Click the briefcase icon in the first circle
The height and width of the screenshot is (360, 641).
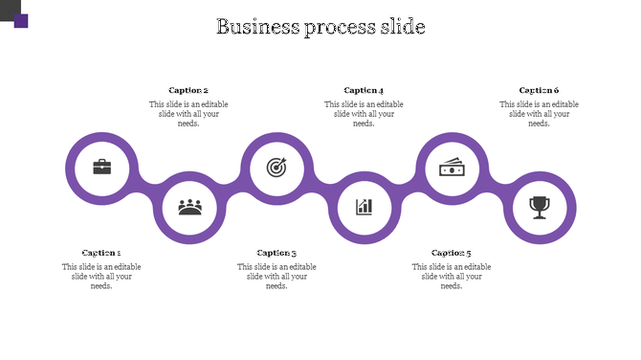(101, 168)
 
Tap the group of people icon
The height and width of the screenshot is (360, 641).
(189, 206)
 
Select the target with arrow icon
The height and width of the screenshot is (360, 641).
(276, 168)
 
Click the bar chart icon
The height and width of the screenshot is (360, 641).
(365, 206)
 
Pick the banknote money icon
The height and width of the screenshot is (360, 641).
(452, 168)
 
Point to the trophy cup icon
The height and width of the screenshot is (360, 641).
(540, 206)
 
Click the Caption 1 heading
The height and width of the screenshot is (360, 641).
(101, 253)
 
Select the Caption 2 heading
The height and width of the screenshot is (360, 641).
(188, 91)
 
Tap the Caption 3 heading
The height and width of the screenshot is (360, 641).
(276, 253)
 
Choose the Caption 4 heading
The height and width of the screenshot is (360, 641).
(364, 91)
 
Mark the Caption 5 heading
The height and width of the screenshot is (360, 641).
(452, 253)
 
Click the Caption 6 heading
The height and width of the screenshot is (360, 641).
(539, 91)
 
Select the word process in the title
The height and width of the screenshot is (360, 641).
(340, 27)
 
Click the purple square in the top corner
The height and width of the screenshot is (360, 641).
(21, 20)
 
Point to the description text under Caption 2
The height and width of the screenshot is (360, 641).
(188, 114)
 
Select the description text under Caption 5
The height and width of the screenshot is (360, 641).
(452, 276)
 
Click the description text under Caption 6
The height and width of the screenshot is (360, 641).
(539, 114)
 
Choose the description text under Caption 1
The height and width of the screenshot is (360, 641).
(101, 276)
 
